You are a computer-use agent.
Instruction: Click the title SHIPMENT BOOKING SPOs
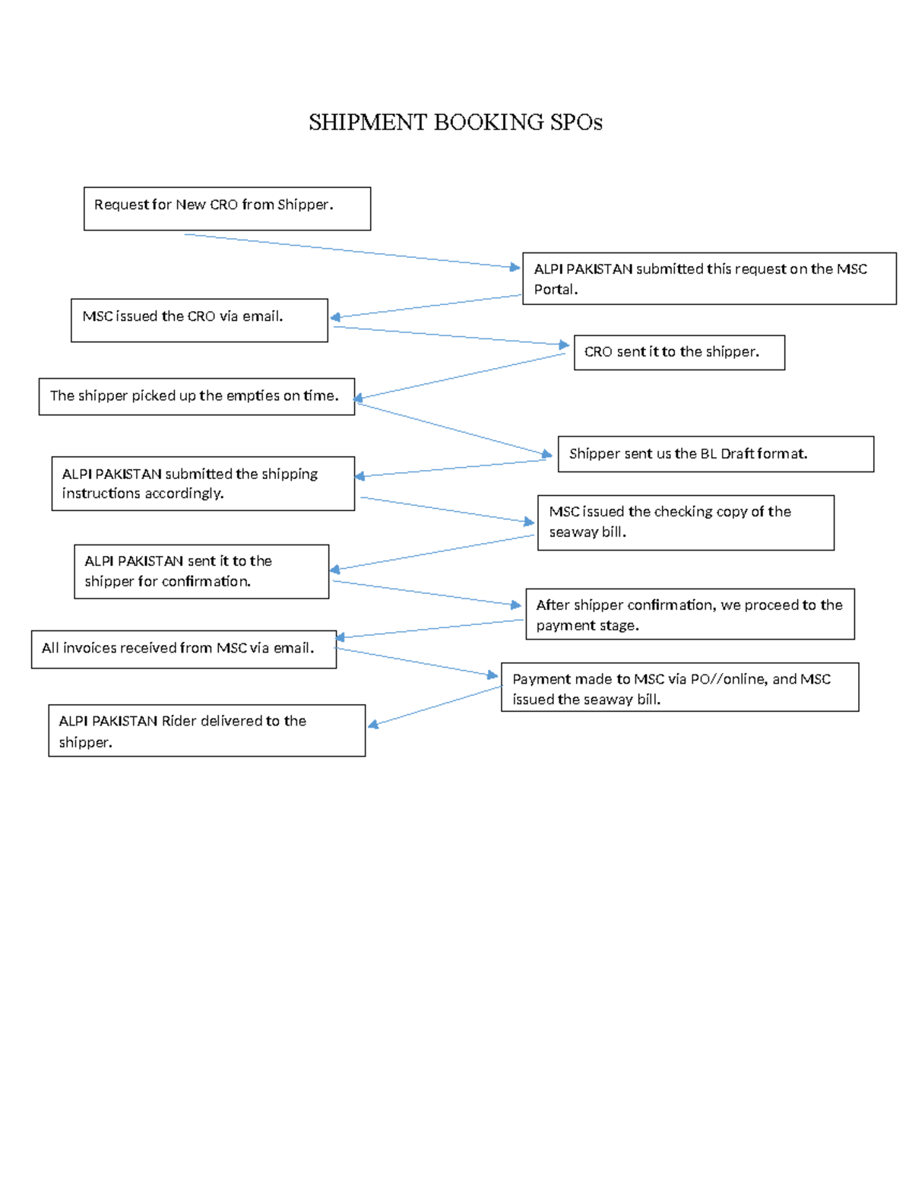click(455, 122)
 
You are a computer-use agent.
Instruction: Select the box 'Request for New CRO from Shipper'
click(226, 208)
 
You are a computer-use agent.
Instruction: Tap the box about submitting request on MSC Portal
click(709, 278)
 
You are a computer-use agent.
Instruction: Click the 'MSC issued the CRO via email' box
click(199, 320)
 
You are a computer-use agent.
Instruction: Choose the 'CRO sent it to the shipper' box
click(679, 352)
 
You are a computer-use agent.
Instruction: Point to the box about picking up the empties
click(196, 396)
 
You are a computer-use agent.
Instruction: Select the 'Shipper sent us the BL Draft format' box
click(715, 454)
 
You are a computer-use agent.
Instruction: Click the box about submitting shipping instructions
click(203, 483)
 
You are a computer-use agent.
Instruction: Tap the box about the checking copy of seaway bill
click(686, 522)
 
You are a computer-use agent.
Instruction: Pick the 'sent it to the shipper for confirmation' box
click(201, 571)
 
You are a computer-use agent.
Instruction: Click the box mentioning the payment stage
click(689, 614)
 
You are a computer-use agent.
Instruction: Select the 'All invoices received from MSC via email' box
click(183, 649)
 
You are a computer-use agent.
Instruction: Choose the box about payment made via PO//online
click(679, 687)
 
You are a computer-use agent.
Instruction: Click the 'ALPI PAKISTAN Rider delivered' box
click(207, 730)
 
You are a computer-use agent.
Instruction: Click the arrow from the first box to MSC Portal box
click(350, 251)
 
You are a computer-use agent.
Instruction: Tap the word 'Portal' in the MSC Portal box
click(554, 290)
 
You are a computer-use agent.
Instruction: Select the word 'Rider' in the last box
click(179, 721)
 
